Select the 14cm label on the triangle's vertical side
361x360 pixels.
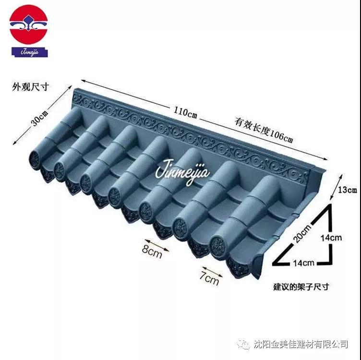(332, 237)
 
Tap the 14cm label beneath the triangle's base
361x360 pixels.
(302, 263)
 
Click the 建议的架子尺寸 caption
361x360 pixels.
(301, 287)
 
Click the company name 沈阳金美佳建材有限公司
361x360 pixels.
(307, 344)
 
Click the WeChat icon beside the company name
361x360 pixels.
(245, 344)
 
